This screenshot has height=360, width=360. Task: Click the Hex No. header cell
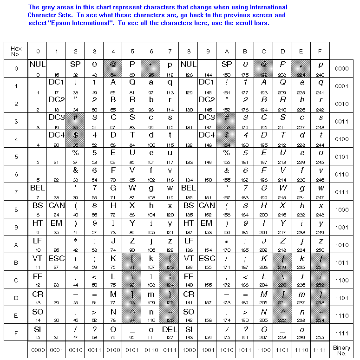(16, 51)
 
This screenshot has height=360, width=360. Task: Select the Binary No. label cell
(341, 350)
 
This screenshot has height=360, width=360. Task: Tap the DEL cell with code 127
(170, 333)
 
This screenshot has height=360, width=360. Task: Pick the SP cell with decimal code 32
(75, 68)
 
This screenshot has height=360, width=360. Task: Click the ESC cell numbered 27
(56, 262)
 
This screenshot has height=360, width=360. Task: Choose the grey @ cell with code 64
(113, 68)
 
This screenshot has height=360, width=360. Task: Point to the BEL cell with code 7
(38, 191)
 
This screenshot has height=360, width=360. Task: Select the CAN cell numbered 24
(56, 209)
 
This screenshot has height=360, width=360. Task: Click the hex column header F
(320, 51)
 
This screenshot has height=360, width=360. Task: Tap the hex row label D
(16, 297)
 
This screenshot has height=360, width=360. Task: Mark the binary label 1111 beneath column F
(320, 350)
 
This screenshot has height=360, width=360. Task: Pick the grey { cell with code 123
(170, 262)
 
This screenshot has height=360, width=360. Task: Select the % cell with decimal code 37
(75, 156)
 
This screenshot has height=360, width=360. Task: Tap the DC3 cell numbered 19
(56, 121)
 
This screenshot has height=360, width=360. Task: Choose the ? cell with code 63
(94, 333)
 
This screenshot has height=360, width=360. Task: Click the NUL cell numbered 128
(189, 68)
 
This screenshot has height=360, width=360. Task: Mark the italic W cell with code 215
(283, 191)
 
